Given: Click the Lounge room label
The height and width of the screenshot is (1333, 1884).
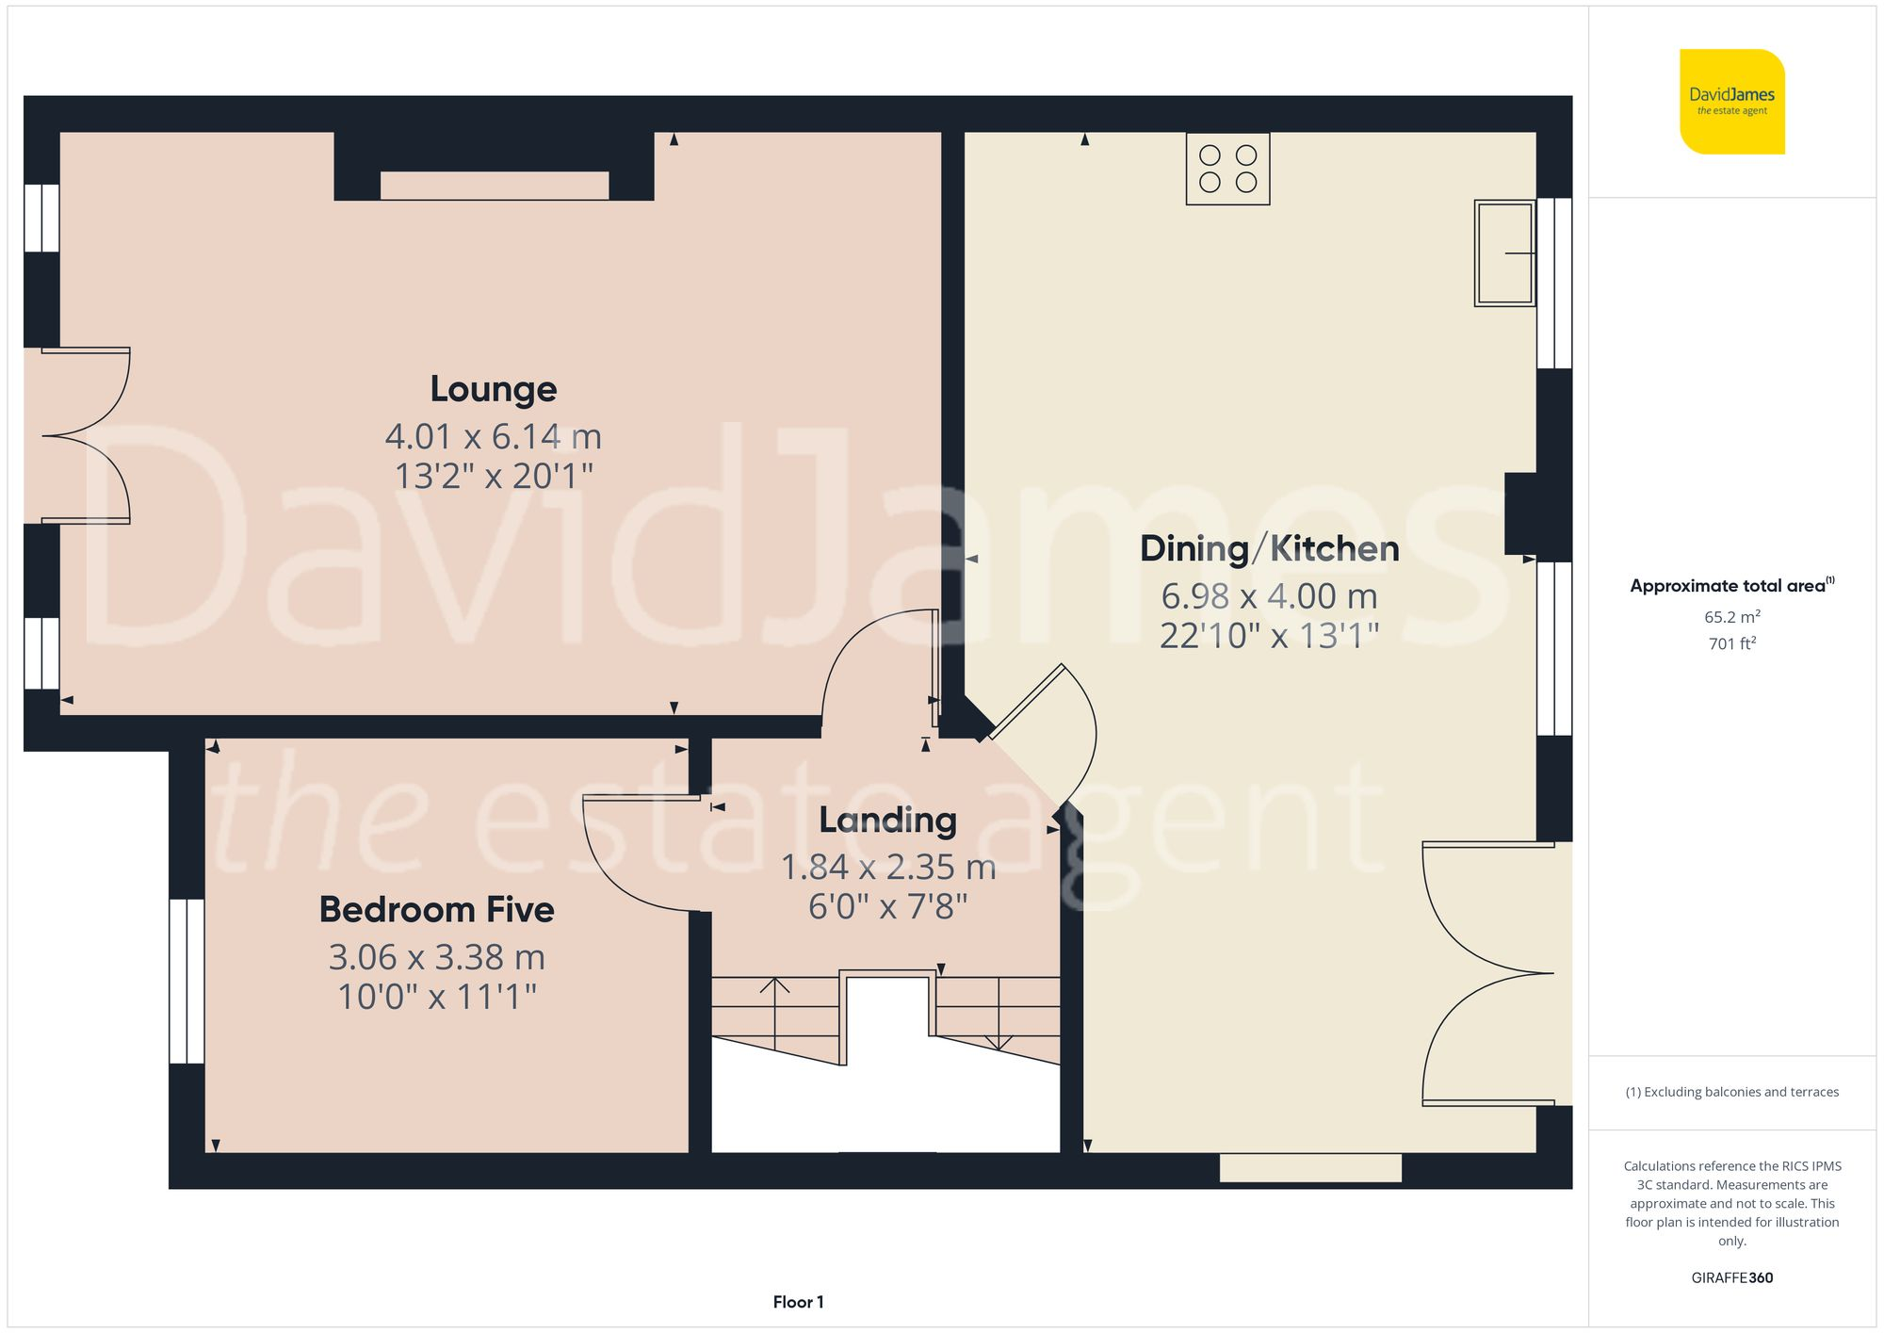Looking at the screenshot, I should (x=493, y=389).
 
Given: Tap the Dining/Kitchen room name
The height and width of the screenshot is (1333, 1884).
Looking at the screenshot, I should (x=1269, y=548).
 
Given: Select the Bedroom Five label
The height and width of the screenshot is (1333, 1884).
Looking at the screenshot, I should (x=436, y=910).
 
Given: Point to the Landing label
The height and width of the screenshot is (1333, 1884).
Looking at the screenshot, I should (x=887, y=821).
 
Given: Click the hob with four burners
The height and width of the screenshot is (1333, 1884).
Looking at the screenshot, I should (x=1227, y=169).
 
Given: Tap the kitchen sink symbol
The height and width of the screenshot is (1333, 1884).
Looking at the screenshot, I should (x=1504, y=252).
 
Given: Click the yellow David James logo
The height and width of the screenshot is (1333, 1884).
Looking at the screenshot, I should (x=1731, y=102).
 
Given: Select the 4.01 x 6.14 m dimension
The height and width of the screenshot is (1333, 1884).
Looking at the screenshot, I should (x=493, y=437).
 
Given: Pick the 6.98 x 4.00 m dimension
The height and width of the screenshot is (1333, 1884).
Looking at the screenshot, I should (x=1269, y=596).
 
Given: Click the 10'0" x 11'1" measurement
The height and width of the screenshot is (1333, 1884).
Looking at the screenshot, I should (x=436, y=997).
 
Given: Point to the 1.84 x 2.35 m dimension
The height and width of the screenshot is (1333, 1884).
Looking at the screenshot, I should (x=887, y=868).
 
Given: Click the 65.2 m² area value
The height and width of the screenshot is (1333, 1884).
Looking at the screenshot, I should (x=1731, y=617).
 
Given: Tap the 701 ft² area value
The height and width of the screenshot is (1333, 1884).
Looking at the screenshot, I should (x=1731, y=643).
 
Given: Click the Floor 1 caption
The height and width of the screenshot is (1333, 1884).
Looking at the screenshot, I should (x=798, y=1302).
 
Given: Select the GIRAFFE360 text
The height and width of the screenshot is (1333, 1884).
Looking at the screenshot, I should (x=1731, y=1278).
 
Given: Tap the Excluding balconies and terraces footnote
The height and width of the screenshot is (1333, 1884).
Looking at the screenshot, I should (x=1731, y=1092).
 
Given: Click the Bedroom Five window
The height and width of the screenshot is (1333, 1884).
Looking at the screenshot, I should (x=187, y=981).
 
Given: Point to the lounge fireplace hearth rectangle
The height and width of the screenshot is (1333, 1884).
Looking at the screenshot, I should (x=494, y=186).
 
